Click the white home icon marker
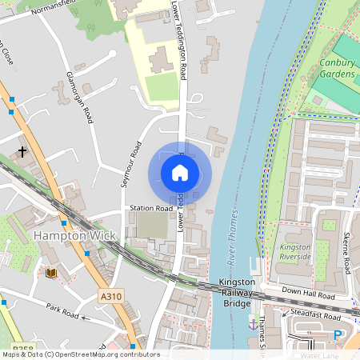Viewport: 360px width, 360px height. click(180, 173)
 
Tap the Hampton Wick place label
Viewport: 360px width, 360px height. click(74, 236)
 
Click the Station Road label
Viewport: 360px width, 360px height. click(151, 209)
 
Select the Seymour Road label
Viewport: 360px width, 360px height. click(130, 164)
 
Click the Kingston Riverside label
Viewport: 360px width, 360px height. click(295, 253)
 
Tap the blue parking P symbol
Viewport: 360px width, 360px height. click(338, 335)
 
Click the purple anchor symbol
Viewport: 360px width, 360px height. click(254, 325)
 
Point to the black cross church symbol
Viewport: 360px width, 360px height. click(22, 150)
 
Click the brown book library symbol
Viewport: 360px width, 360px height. click(52, 274)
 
